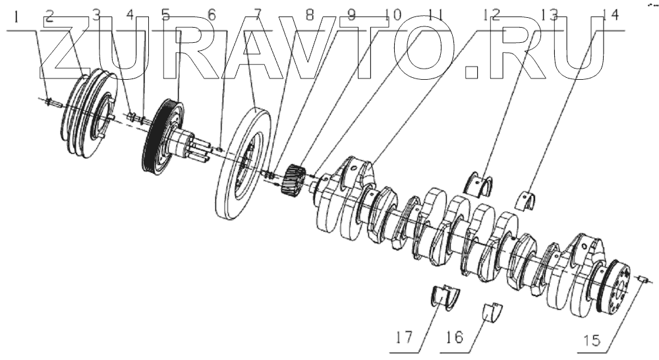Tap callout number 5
tap(165, 15)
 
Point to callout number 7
tap(256, 15)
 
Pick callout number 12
tap(491, 15)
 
